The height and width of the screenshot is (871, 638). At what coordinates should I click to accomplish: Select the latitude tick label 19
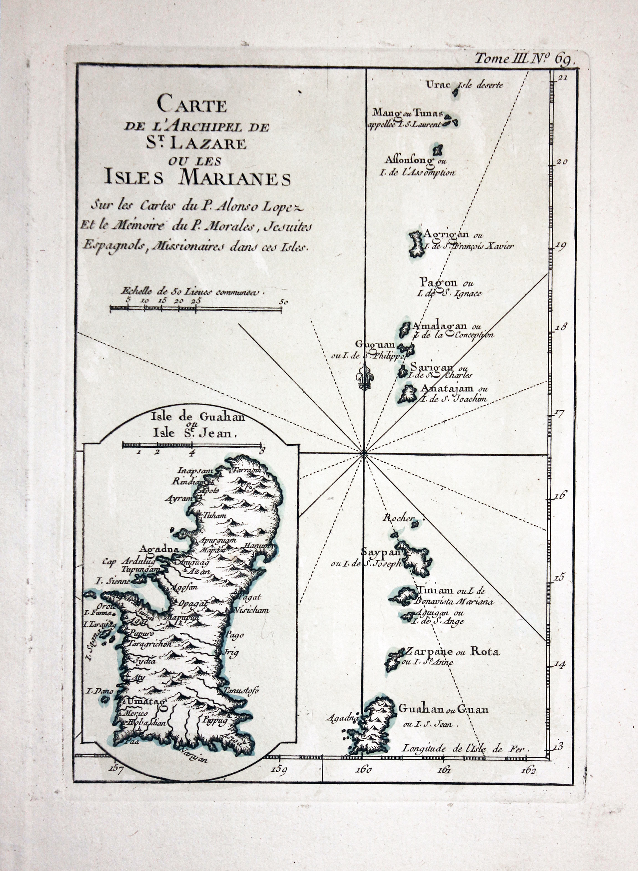point(560,246)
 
